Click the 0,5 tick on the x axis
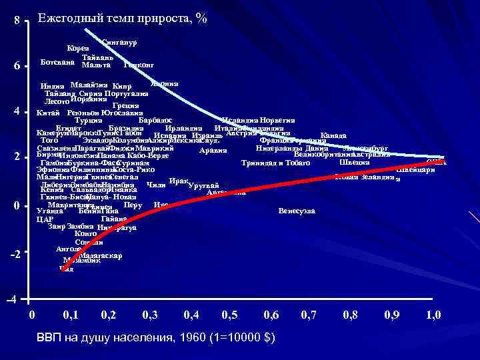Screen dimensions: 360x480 (x=229, y=315)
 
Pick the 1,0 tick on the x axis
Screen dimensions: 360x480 (x=433, y=315)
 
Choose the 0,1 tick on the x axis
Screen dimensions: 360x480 (x=69, y=315)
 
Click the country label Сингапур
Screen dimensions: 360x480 (x=120, y=43)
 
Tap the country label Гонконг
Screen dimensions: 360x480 (x=139, y=65)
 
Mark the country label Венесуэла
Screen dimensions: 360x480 (x=297, y=211)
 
